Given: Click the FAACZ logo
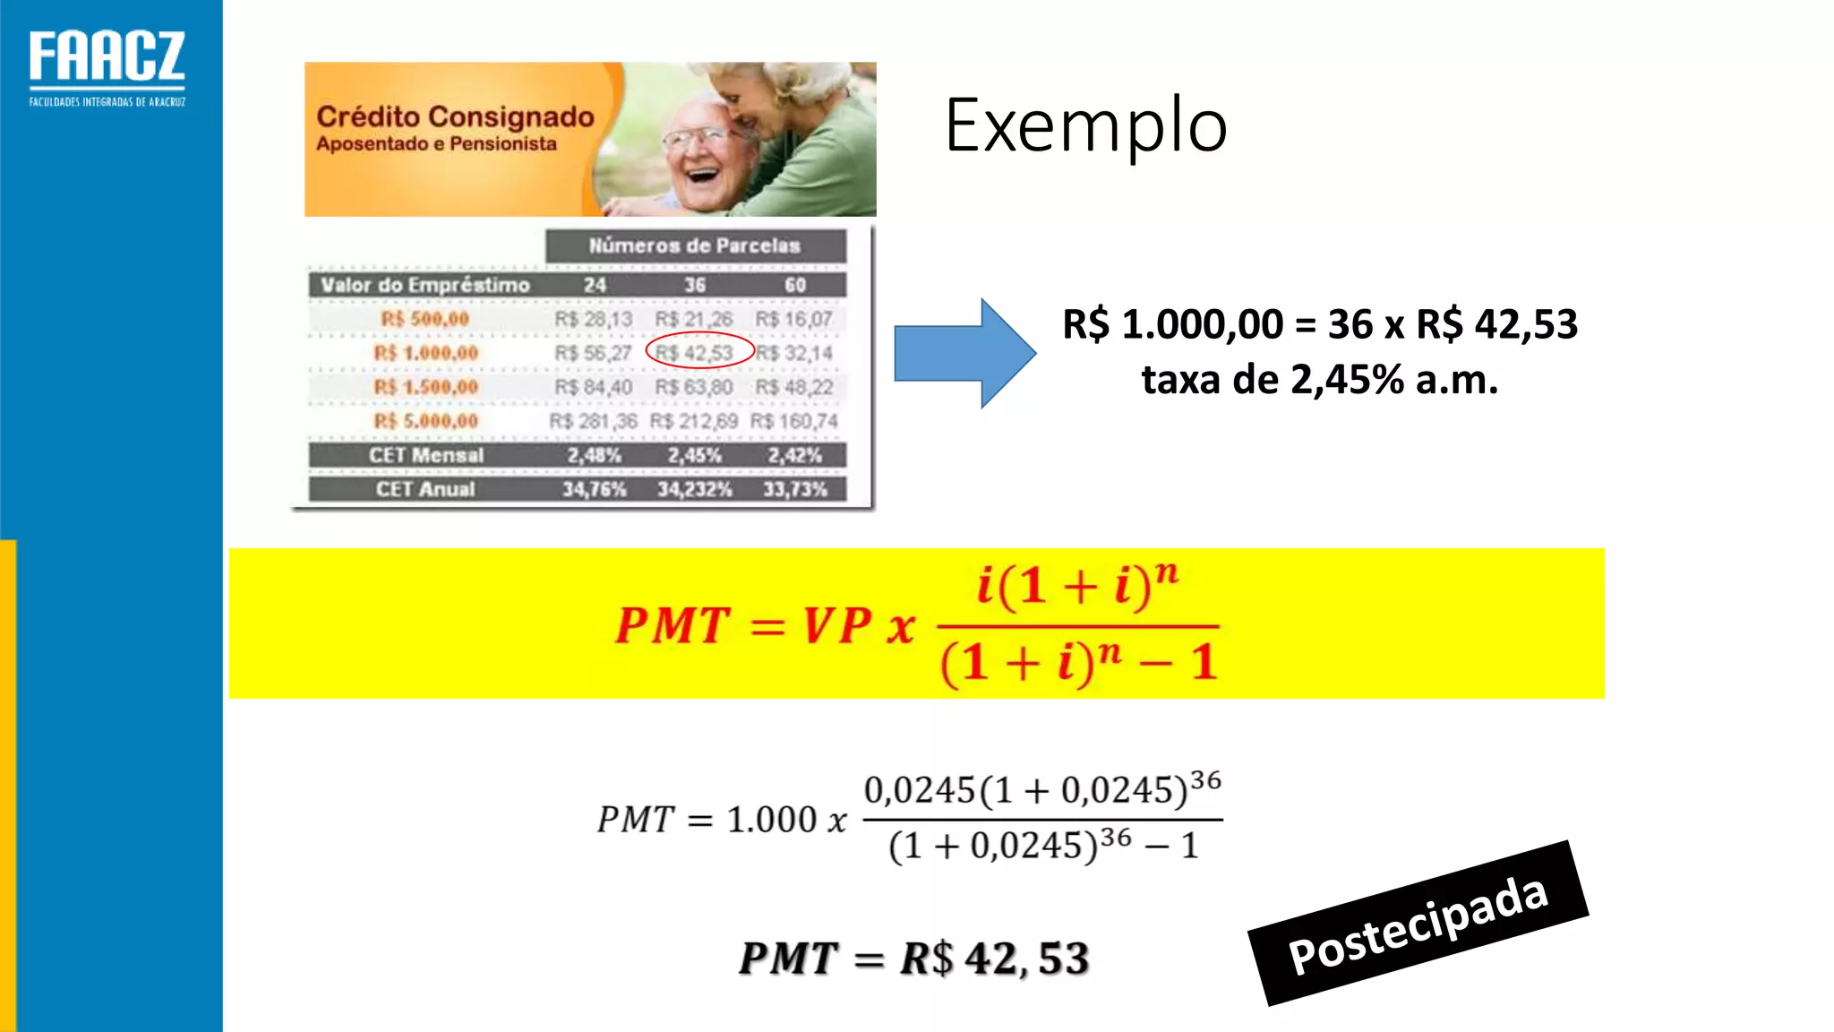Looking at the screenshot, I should pos(107,67).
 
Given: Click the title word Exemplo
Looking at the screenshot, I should pos(1085,126).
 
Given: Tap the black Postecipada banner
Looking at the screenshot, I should pos(1418,924).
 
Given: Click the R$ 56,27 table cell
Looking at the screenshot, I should pos(593,353).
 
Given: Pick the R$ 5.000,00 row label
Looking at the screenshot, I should pos(426,421).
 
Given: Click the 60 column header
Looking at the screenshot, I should pos(795,285).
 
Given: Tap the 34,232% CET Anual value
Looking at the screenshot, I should pos(694,489).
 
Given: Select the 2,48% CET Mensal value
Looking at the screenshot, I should pos(594,455).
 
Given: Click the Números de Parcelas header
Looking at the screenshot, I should pos(695,245).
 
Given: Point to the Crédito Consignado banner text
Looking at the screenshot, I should pos(455,117).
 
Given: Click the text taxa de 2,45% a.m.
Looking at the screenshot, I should pos(1319,380).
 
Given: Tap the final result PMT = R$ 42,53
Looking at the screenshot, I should pos(913,959).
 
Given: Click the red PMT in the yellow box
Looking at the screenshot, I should pos(672,625).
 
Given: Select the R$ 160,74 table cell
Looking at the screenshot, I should pos(794,421).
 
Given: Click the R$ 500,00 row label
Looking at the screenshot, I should pos(425,319).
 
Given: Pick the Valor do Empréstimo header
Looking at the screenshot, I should pos(425,285).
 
